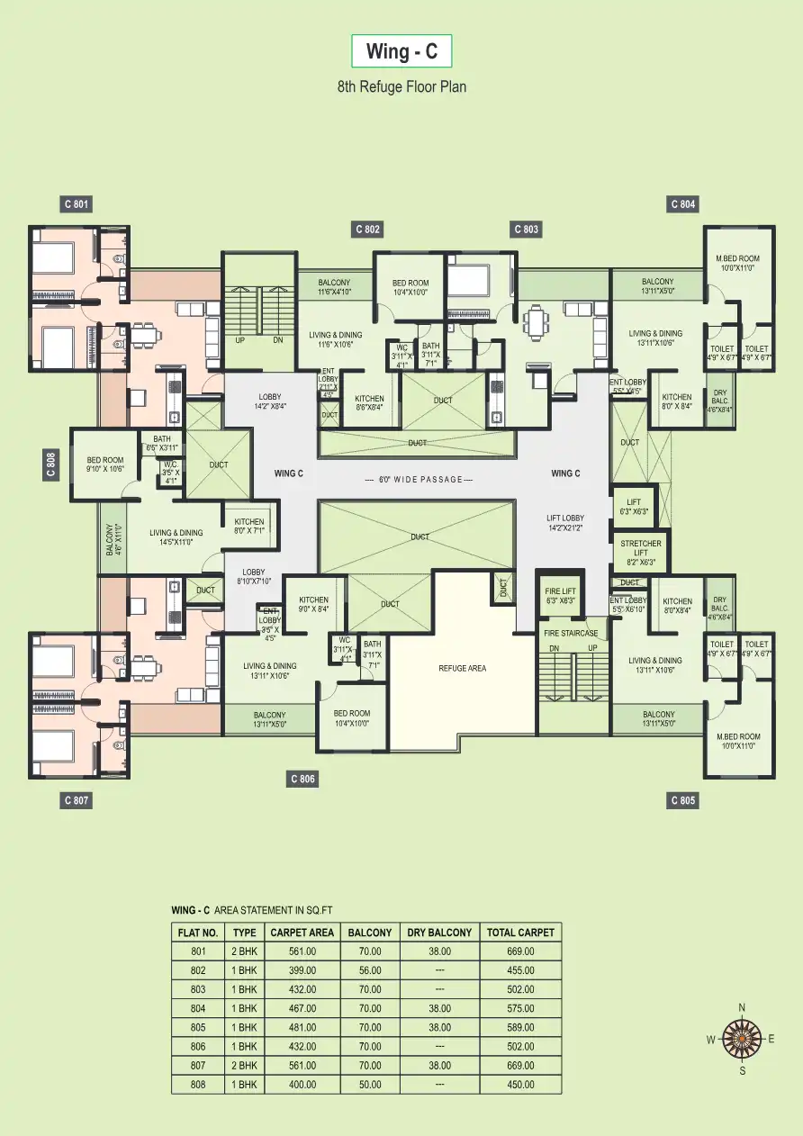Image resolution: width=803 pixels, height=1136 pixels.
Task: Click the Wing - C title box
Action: coord(401,51)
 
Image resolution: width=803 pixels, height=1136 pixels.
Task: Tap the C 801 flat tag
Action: coord(77,204)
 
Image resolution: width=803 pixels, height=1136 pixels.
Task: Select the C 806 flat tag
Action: coord(302,779)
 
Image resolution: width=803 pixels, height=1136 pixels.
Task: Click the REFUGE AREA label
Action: coord(463,668)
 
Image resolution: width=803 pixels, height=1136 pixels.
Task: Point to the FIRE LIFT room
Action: coord(560,596)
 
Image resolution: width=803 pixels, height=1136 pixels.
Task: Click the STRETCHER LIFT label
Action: coord(640,552)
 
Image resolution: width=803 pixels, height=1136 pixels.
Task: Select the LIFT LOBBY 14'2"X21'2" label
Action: coord(565,523)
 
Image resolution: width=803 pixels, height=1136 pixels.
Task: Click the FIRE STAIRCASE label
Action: coord(571,633)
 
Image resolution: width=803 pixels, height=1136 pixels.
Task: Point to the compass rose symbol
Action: coord(742,1039)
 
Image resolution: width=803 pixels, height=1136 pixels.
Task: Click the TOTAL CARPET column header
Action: coord(520,933)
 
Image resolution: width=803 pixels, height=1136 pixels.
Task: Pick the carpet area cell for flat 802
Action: coord(302,970)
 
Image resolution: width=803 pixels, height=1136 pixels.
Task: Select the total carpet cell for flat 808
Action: coord(520,1085)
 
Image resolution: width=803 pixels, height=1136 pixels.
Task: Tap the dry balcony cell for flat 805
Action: coord(439,1027)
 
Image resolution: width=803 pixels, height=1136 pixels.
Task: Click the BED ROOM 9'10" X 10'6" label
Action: coord(105,464)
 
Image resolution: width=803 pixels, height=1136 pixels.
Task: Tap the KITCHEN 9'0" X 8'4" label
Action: coord(313,604)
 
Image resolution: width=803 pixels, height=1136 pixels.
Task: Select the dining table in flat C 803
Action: coord(538,319)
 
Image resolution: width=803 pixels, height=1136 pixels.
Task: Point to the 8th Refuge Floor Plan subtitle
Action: coord(401,87)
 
